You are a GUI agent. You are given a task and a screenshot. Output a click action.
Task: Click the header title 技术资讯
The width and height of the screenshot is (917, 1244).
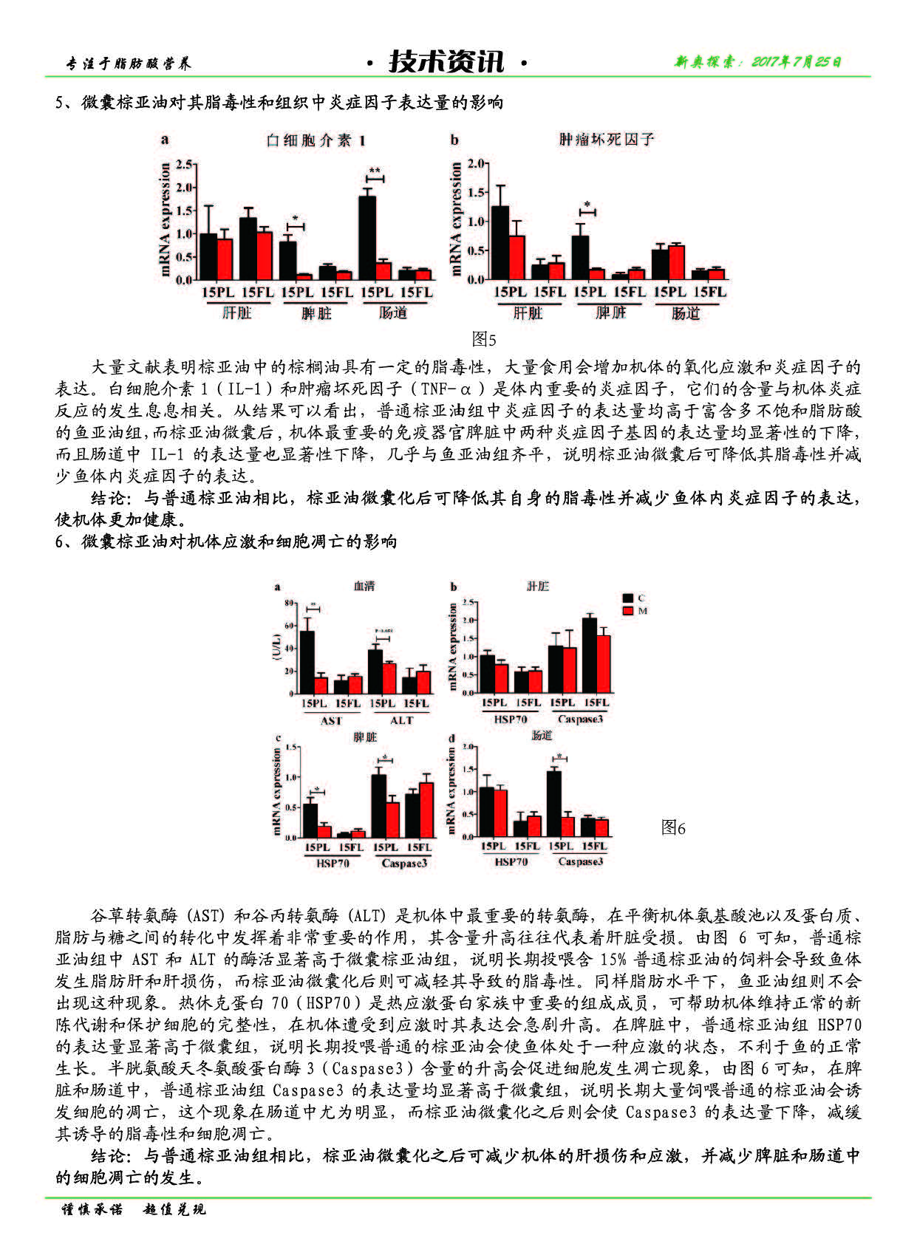tap(447, 62)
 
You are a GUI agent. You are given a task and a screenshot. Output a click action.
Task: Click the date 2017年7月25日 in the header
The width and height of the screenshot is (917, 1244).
tap(757, 62)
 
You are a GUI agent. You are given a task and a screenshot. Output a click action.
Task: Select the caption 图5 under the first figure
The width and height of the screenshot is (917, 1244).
tap(484, 339)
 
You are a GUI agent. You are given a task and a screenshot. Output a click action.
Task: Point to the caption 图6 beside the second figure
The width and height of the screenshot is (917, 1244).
tap(673, 828)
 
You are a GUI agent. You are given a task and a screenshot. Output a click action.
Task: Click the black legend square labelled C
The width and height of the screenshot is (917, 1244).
tap(628, 598)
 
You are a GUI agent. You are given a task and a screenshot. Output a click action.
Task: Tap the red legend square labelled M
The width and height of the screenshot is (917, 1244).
tap(628, 611)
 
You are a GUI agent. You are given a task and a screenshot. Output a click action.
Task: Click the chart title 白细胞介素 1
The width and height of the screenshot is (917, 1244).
tap(316, 140)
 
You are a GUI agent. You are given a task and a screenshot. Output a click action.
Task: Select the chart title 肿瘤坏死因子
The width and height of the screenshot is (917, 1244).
tap(606, 139)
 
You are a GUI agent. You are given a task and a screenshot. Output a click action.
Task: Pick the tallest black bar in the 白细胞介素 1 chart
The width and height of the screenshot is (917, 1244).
tap(367, 236)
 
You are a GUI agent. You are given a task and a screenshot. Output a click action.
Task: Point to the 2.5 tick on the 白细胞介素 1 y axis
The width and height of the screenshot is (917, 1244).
tap(184, 164)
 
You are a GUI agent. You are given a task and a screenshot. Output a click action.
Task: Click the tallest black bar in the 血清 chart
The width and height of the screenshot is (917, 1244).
tap(307, 661)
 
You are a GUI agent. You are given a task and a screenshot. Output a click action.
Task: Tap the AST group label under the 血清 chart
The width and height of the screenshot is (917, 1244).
tap(331, 720)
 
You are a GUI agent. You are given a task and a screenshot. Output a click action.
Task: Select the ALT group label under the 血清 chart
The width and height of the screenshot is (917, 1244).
tap(401, 720)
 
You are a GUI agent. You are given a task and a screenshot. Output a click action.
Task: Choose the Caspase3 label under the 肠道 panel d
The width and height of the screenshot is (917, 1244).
tap(580, 861)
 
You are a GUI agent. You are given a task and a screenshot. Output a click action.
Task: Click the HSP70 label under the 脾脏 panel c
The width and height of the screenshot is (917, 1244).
tap(333, 863)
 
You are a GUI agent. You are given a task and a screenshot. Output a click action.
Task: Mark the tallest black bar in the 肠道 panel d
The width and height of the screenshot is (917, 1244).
tap(553, 804)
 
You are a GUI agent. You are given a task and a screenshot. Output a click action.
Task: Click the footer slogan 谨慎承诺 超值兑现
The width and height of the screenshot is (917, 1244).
tap(134, 1209)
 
